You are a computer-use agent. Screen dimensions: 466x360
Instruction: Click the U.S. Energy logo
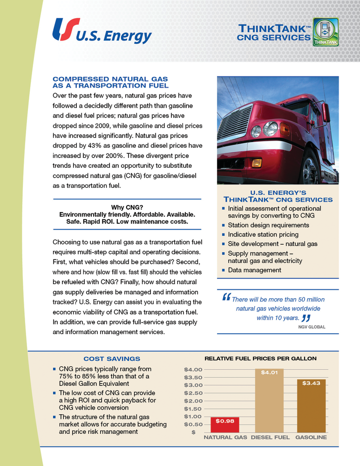coord(102,31)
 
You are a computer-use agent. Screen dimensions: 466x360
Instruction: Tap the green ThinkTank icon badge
coord(326,32)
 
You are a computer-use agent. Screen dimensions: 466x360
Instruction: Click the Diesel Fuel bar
coord(269,401)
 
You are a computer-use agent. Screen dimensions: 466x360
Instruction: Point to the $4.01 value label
coord(269,373)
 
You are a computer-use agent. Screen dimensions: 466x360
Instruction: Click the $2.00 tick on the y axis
coord(193,401)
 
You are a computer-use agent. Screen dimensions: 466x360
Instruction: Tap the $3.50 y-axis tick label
coord(193,377)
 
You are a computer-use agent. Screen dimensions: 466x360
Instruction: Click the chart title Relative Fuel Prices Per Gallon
coord(261,359)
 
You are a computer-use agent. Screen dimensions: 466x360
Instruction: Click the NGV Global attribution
coord(312,327)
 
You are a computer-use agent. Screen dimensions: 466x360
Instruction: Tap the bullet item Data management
coord(254,270)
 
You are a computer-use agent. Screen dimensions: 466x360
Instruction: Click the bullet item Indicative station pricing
coord(263,234)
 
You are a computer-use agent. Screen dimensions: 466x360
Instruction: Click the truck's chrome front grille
coord(236,125)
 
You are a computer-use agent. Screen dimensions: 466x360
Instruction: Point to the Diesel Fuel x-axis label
coord(270,438)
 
